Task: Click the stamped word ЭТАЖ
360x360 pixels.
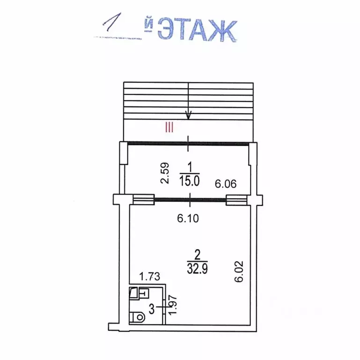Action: (198, 30)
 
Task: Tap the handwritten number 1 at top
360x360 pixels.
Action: (113, 22)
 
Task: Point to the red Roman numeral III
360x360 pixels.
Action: (169, 127)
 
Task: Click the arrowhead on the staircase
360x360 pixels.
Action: (188, 115)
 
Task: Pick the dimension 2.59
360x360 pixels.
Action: (165, 173)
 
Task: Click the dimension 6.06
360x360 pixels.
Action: (226, 184)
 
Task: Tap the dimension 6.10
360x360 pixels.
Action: (188, 218)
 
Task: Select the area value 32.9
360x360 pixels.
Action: (198, 268)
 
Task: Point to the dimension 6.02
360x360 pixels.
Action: (239, 271)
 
